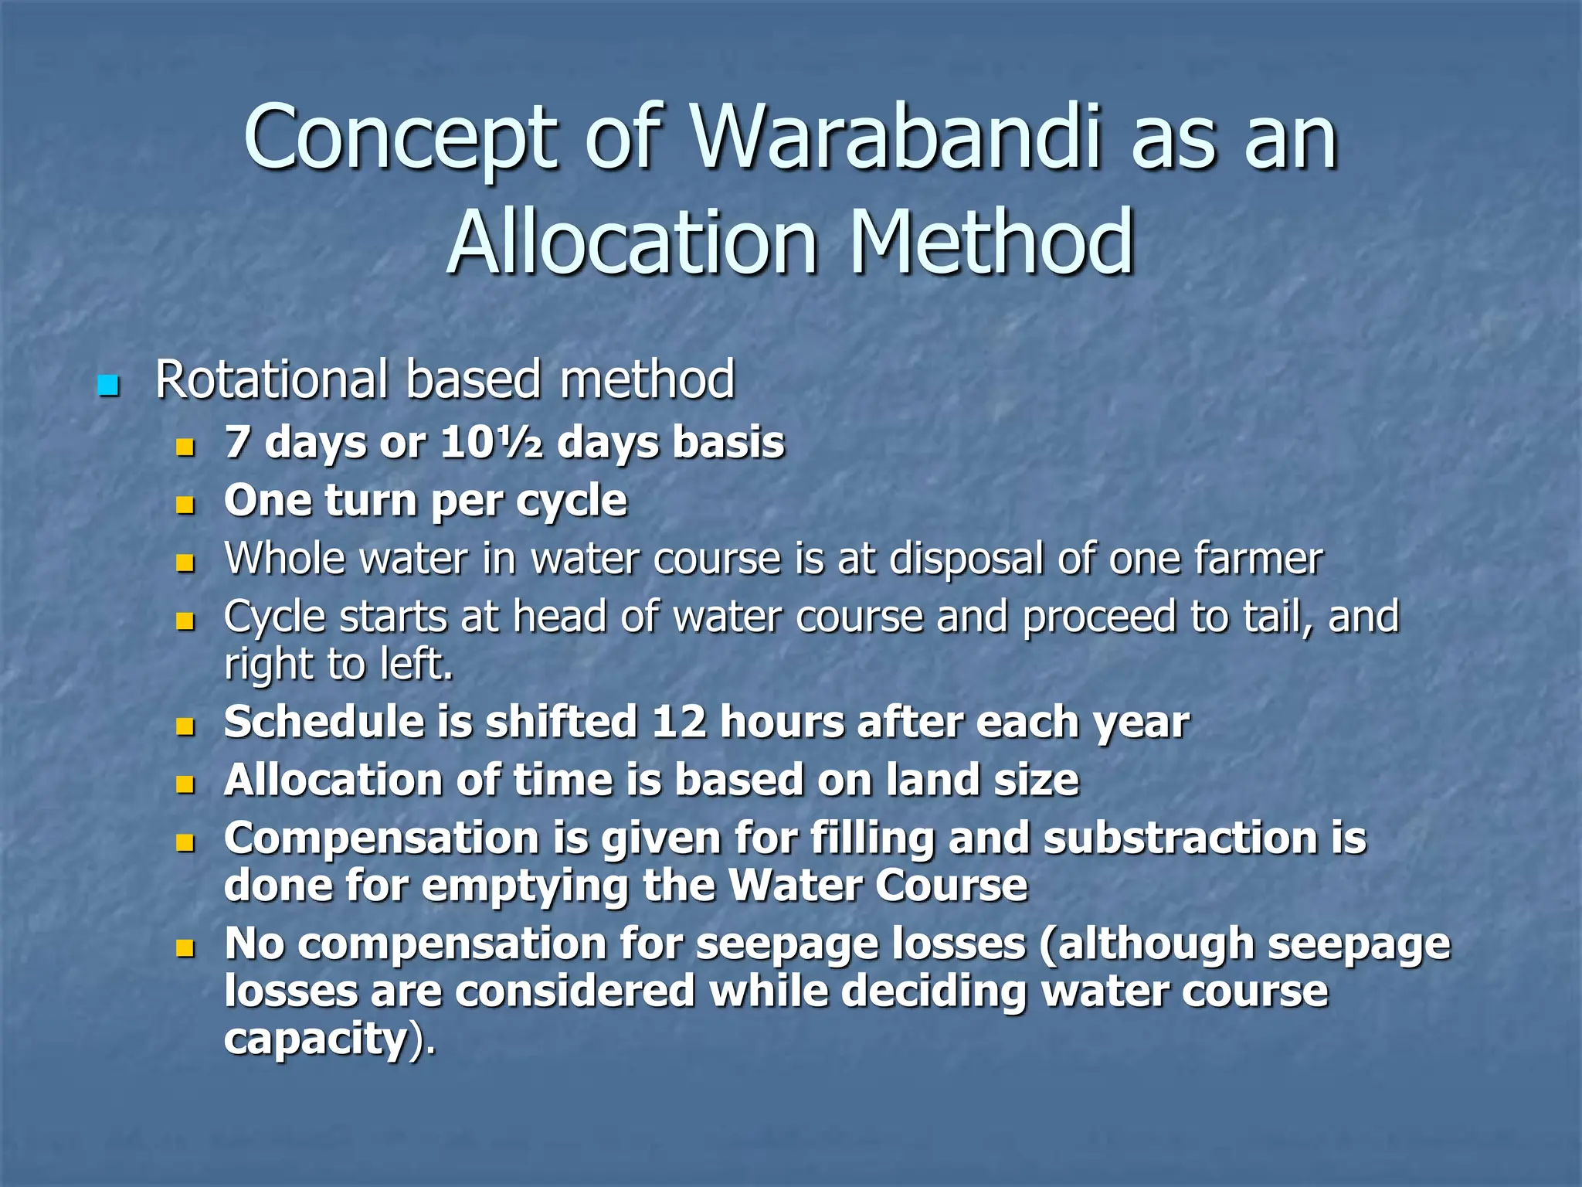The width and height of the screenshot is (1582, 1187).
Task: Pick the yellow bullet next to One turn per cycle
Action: (185, 506)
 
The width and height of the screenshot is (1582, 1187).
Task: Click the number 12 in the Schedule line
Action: (679, 722)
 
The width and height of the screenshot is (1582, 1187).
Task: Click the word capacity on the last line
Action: (315, 1039)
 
